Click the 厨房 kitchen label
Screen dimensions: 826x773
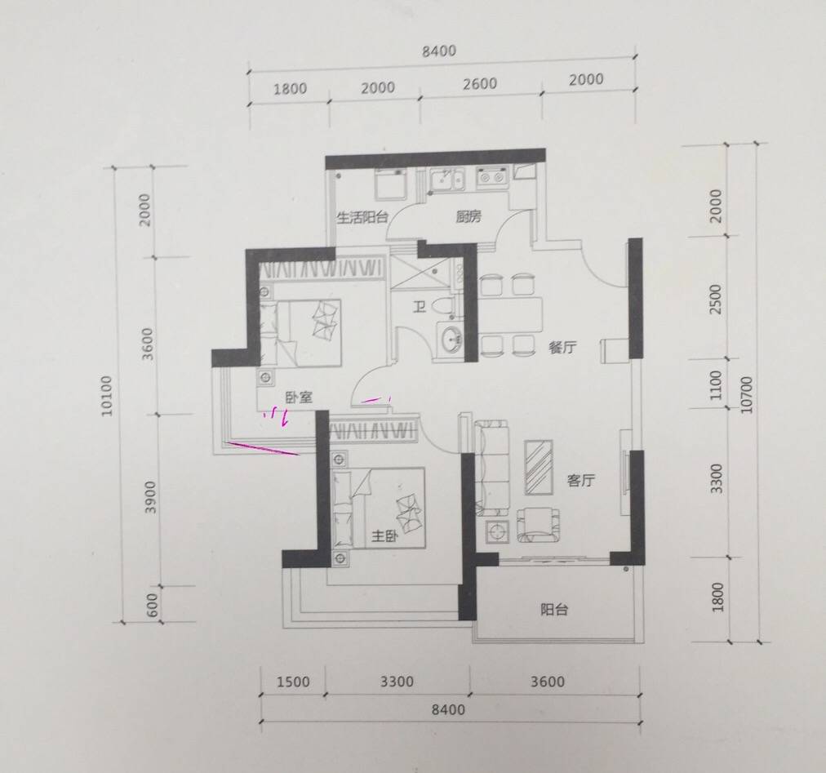(469, 216)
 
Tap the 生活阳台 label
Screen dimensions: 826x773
(362, 217)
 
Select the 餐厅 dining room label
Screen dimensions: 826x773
(562, 347)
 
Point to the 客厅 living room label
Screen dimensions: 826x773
(580, 480)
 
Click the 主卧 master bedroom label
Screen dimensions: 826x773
(384, 536)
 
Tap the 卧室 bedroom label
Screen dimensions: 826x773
(299, 398)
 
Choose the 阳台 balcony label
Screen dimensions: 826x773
(554, 610)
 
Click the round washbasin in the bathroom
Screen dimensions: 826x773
(451, 340)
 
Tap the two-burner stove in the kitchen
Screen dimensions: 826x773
(492, 178)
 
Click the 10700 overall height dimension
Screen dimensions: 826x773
(747, 395)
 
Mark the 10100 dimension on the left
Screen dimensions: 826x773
(108, 395)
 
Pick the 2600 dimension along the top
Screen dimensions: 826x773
(479, 84)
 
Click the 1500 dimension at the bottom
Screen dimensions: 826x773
(293, 682)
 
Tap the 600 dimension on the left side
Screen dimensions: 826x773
(151, 606)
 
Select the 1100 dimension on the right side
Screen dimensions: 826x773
(715, 385)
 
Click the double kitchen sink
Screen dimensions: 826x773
(446, 179)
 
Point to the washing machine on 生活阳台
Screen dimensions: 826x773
(390, 184)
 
